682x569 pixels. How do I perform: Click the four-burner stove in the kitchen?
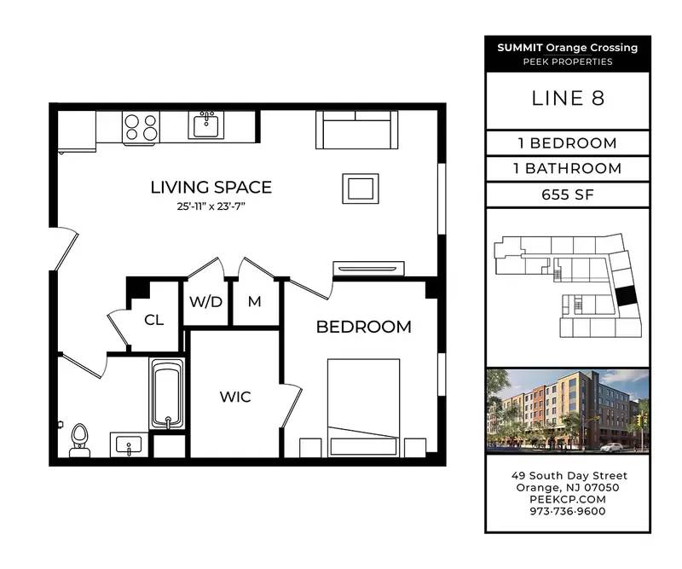[141, 127]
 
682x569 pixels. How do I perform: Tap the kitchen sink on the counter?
[205, 125]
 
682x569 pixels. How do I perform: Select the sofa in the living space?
[356, 130]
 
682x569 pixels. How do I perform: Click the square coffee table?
[360, 189]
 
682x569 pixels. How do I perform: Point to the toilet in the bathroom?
[79, 440]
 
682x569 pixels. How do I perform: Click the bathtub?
[167, 393]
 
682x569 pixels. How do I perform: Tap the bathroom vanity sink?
[129, 444]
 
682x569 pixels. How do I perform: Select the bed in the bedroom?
[363, 408]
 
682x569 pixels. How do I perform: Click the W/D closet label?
[205, 301]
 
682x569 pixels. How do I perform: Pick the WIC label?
[235, 397]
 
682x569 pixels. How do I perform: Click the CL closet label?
[154, 320]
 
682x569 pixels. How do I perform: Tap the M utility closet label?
[254, 301]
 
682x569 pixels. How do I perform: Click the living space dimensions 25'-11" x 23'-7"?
[211, 206]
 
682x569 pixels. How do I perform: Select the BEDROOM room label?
[364, 327]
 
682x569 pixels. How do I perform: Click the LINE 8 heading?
[568, 98]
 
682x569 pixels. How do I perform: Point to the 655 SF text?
[568, 195]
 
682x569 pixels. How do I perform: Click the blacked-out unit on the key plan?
[627, 296]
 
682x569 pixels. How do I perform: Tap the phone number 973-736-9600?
[568, 511]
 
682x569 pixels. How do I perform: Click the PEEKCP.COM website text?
[568, 499]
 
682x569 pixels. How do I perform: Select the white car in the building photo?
[612, 447]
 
